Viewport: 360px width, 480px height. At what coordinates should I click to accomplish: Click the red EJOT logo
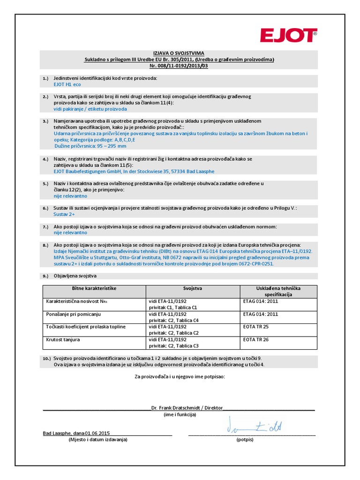click(x=288, y=35)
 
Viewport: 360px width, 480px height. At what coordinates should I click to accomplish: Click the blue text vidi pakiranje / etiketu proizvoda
click(x=90, y=109)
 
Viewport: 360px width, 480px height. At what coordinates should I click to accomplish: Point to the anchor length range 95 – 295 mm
click(x=106, y=146)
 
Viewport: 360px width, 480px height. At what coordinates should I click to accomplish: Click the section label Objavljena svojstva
click(x=75, y=276)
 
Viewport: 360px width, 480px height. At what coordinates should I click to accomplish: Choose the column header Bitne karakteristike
click(x=94, y=288)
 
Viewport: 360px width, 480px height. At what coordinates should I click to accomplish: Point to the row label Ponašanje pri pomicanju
click(x=73, y=314)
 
